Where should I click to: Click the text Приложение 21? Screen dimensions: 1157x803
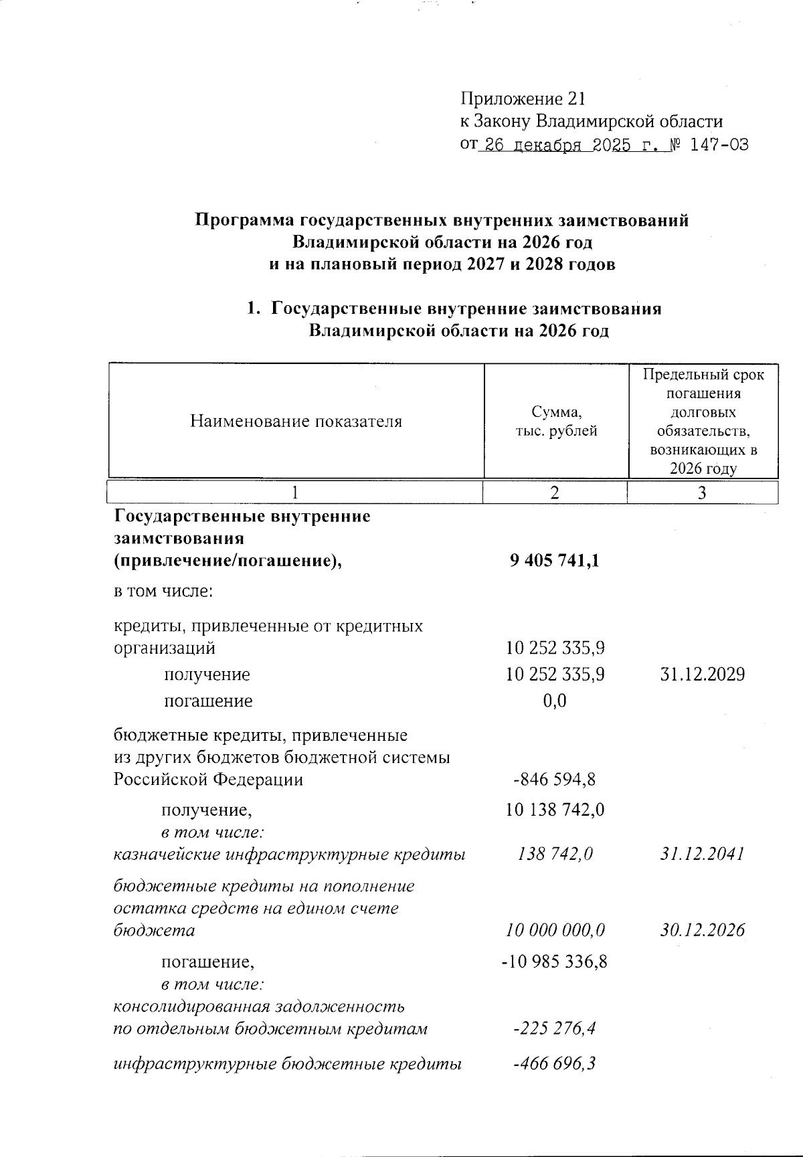tap(523, 99)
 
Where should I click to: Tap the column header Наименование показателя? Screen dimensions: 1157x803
tap(296, 421)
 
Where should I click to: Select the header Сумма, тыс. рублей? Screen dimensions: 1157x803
tap(555, 421)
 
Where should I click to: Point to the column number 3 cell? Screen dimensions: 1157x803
tap(702, 493)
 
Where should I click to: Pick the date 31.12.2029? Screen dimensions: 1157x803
tap(702, 675)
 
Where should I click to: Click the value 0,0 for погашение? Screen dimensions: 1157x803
tap(555, 701)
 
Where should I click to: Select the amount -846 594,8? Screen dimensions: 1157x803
tap(555, 780)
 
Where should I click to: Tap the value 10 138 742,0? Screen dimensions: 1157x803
tap(555, 810)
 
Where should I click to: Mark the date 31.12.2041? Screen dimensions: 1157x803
tap(702, 855)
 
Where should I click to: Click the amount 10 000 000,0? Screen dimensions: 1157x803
tap(555, 930)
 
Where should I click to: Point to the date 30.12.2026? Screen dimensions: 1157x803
tap(702, 930)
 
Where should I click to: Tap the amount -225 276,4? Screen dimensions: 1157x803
tap(555, 1029)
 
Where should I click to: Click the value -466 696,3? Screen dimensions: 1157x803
tap(555, 1064)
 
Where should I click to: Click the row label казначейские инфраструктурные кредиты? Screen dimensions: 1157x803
tap(289, 855)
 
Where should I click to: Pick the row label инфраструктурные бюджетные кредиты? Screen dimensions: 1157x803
tap(287, 1064)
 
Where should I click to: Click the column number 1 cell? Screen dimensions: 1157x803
tap(294, 493)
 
